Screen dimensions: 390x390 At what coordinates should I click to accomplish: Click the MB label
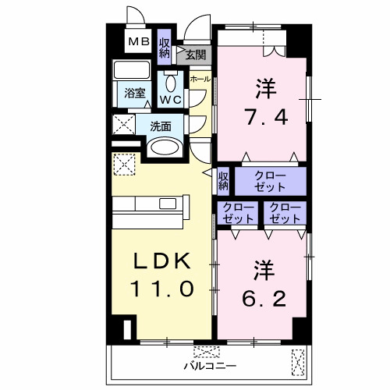(x=138, y=41)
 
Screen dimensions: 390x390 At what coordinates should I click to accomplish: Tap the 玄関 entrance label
(x=195, y=55)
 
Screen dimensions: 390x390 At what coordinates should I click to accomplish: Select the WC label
(x=171, y=99)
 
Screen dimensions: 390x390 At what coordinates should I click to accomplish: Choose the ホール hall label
(x=199, y=80)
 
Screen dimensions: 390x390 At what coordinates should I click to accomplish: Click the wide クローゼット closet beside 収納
(x=271, y=182)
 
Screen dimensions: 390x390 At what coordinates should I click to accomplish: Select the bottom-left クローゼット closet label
(x=236, y=213)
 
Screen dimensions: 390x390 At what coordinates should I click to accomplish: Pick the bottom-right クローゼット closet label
(x=285, y=213)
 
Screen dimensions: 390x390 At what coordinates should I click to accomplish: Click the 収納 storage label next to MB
(x=165, y=48)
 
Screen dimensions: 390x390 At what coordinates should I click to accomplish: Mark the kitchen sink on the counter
(x=168, y=204)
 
